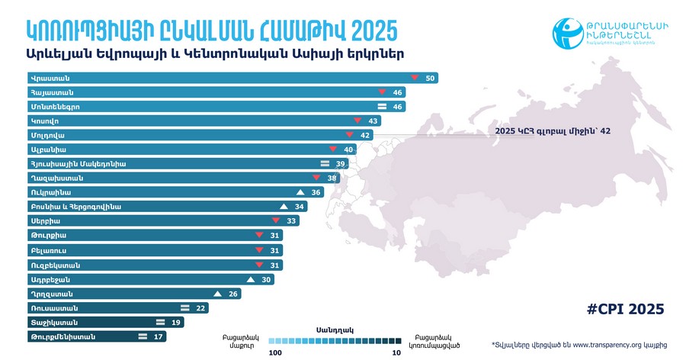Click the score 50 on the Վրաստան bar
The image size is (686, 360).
click(430, 79)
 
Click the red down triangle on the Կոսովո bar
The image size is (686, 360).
click(357, 121)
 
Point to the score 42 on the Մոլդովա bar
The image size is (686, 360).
click(366, 135)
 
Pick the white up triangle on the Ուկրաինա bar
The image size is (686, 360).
click(300, 192)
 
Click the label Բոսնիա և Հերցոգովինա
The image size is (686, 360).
click(75, 207)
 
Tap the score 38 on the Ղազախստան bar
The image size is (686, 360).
click(332, 178)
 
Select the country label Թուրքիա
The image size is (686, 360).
click(45, 236)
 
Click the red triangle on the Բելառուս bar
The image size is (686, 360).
click(258, 250)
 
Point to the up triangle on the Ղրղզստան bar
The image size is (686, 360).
click(217, 294)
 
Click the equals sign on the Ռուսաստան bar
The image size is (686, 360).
click(184, 308)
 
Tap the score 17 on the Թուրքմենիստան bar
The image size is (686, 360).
click(159, 336)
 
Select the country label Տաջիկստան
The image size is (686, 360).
click(52, 322)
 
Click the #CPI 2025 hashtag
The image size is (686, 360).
click(627, 309)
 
